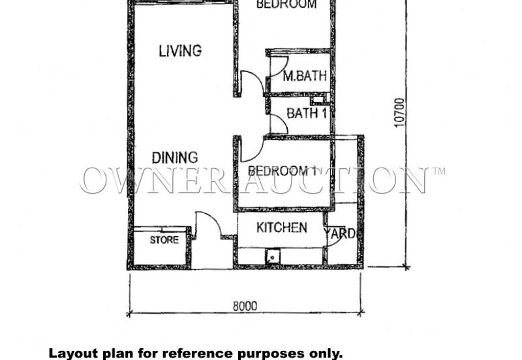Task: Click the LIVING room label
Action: point(180,50)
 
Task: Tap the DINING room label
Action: point(175,157)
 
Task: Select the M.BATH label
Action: point(305,76)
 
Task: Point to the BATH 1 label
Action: point(306,113)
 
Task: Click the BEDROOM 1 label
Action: point(282,172)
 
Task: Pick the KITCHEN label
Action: point(281,228)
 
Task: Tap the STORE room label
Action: point(164,240)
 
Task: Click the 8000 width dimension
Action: point(244,306)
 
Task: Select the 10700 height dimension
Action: point(399,112)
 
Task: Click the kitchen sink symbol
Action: point(271,256)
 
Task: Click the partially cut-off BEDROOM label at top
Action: point(286,5)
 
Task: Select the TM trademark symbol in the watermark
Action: point(438,172)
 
